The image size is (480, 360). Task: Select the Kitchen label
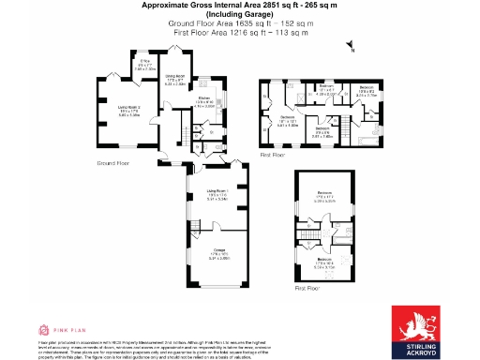point(204,101)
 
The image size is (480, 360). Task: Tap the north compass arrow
point(349,44)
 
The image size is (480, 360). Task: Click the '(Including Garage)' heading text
point(240,14)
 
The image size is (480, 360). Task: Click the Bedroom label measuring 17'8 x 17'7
point(325,197)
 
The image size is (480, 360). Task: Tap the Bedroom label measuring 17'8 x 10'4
point(325,262)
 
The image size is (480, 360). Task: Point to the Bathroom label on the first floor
point(325,86)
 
